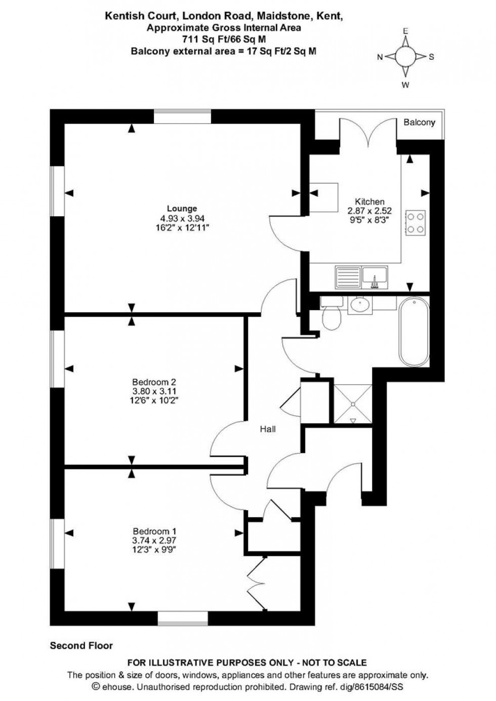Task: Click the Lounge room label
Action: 182,209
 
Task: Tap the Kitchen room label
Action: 369,201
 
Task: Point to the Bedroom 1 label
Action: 154,531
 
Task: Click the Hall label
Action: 268,429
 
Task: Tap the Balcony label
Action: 419,122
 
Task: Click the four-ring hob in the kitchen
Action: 416,222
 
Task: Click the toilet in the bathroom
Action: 333,318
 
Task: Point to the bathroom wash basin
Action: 360,304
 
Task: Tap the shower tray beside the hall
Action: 353,403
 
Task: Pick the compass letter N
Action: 380,57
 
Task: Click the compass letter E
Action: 405,31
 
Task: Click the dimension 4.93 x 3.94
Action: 182,219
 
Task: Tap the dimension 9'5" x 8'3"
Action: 369,220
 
